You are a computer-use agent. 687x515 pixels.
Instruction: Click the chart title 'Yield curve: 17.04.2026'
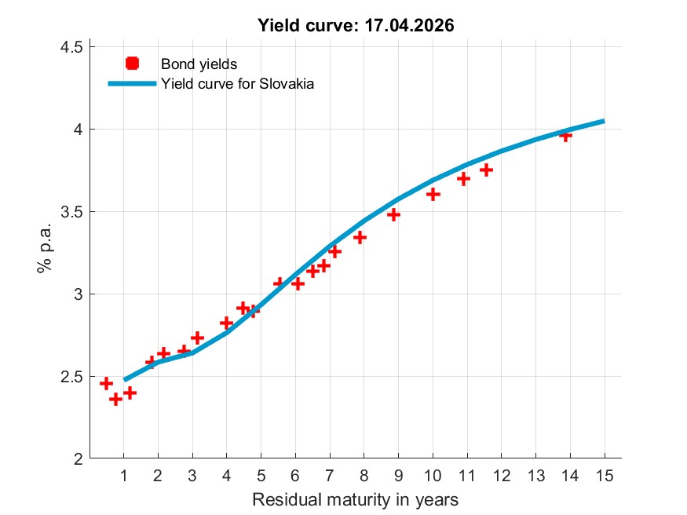356,25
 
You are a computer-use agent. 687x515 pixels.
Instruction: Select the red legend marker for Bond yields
132,64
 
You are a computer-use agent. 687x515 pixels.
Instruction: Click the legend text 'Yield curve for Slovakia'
237,84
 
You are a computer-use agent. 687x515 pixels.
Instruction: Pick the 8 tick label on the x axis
364,475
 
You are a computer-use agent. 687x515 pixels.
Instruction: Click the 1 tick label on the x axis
123,475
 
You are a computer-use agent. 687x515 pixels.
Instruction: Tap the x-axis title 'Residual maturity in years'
355,499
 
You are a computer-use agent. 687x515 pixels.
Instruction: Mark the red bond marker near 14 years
565,135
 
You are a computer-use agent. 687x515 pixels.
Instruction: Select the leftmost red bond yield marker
106,383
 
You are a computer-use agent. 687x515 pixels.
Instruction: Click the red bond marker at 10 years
433,194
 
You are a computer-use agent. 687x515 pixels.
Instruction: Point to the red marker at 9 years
394,214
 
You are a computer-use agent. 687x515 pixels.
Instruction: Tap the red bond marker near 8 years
360,237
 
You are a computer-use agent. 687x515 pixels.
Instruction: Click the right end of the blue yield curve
603,121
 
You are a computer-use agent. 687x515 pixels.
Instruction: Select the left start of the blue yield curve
124,380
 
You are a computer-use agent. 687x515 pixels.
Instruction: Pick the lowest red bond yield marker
115,399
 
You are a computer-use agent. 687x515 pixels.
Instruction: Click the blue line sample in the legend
132,84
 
